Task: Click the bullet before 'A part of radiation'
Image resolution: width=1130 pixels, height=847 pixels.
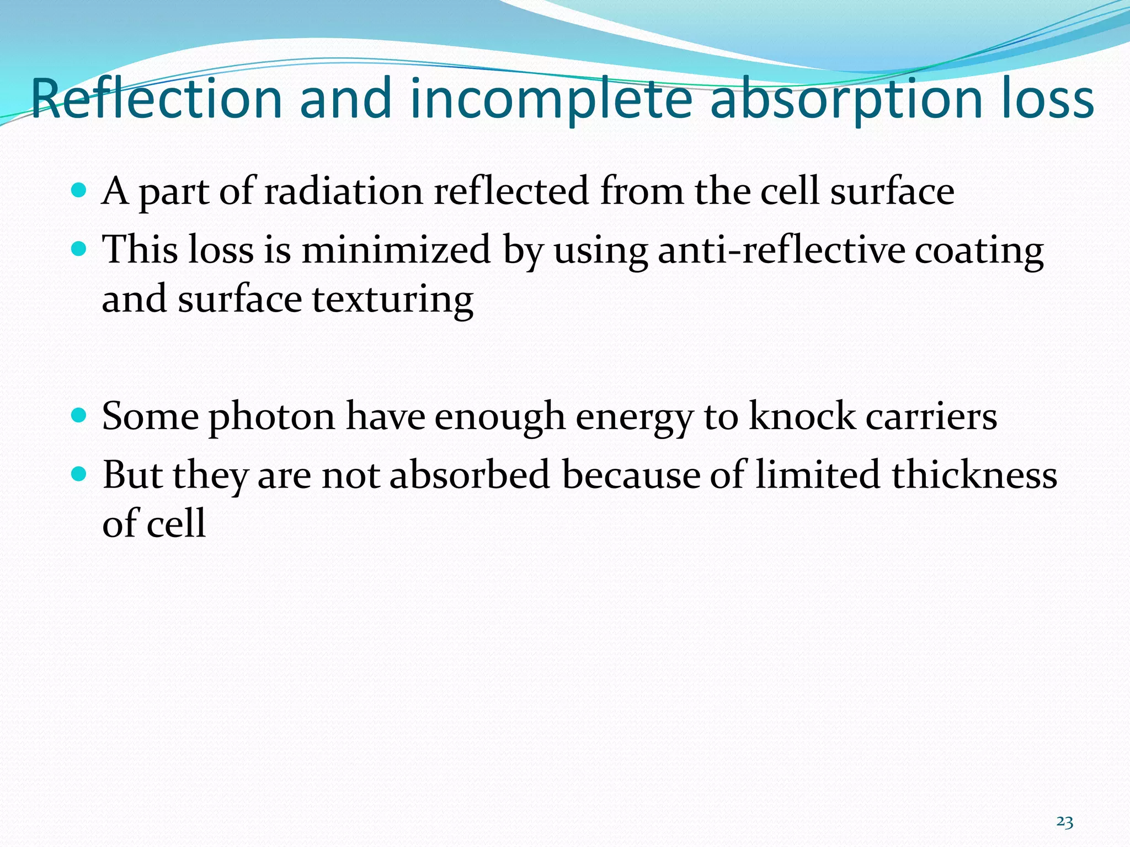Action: tap(79, 191)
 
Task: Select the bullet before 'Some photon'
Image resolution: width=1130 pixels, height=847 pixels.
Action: tap(79, 415)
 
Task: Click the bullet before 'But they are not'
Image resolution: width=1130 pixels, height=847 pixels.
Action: tap(79, 474)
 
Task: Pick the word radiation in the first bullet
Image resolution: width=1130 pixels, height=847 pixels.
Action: tap(344, 191)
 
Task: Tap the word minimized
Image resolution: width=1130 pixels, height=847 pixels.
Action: tap(396, 250)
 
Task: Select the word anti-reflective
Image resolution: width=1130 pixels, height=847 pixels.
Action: tap(781, 250)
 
